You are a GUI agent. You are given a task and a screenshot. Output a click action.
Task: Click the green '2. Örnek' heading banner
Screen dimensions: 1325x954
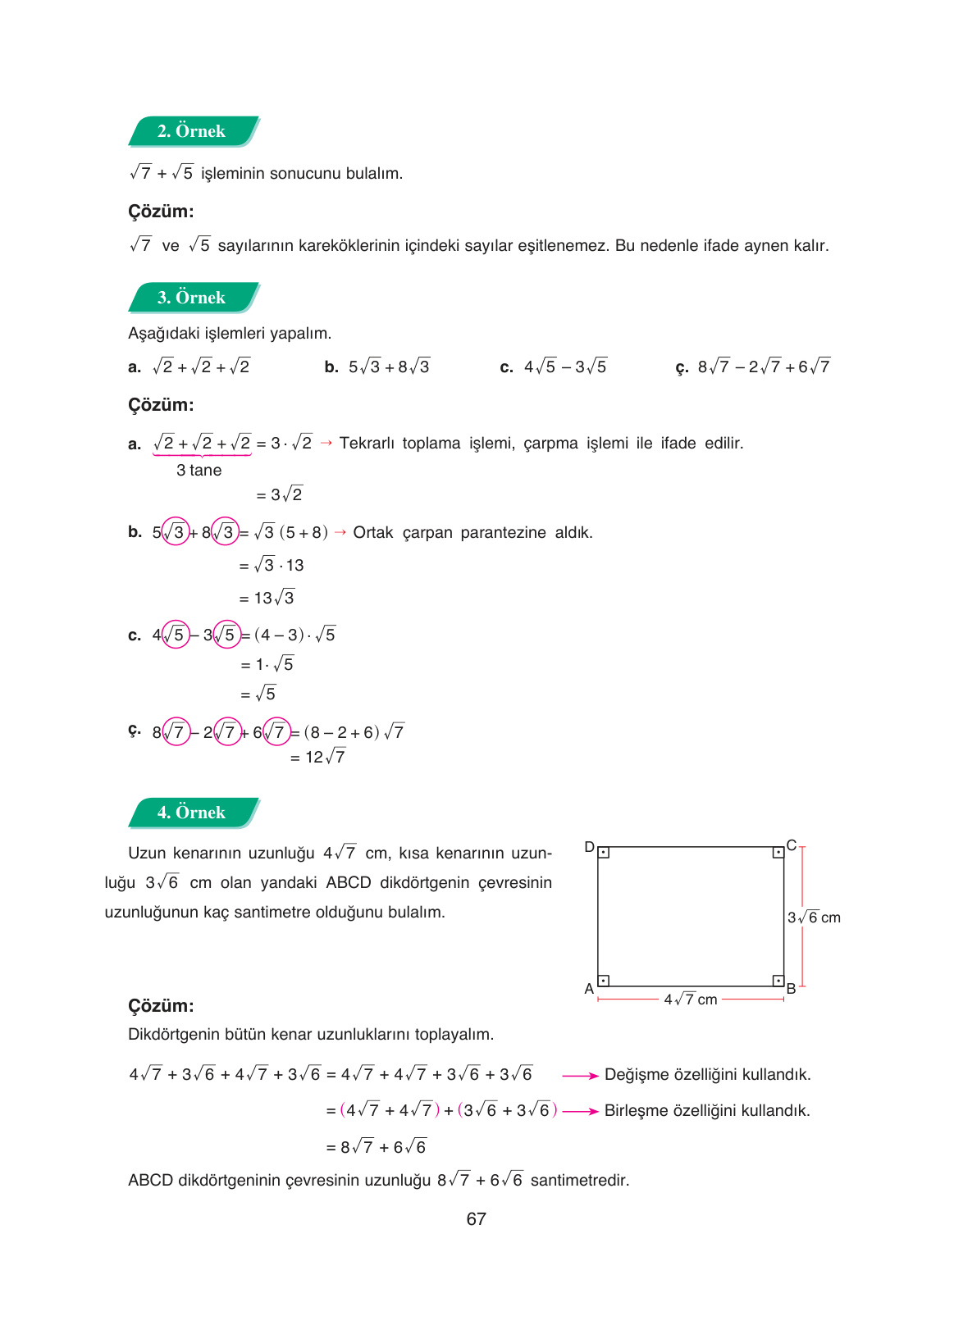pos(193,131)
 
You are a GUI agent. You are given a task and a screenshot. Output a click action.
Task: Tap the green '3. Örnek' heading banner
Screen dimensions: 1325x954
pos(193,298)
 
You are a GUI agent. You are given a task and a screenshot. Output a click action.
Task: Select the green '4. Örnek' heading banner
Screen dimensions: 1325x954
pos(193,813)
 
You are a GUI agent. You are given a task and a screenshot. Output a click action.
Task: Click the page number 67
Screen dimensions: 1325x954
pos(476,1219)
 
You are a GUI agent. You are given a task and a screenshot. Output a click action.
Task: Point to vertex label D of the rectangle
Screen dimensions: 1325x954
pos(589,847)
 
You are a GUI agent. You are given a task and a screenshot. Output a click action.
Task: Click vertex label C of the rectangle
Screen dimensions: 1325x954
pos(792,845)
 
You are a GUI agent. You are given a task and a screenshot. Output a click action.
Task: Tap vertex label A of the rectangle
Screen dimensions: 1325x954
pos(589,989)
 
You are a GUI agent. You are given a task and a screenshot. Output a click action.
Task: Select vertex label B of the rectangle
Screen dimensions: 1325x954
pos(792,989)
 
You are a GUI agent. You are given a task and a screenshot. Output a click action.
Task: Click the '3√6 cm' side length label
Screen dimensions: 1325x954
pos(814,917)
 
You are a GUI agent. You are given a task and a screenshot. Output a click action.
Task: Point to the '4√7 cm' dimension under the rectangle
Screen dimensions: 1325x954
pos(691,999)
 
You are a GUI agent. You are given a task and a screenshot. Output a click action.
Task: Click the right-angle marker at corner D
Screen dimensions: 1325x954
pos(604,854)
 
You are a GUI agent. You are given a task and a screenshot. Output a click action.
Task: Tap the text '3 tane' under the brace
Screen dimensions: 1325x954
pos(199,471)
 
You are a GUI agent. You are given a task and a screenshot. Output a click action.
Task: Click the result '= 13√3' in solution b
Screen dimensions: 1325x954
pos(267,598)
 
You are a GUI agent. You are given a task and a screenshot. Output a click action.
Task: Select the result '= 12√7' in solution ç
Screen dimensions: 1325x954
pos(318,758)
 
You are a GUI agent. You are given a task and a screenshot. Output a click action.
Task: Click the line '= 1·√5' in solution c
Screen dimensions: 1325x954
pos(267,664)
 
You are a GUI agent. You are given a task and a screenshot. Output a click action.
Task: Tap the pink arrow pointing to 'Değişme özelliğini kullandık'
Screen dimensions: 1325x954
pos(581,1076)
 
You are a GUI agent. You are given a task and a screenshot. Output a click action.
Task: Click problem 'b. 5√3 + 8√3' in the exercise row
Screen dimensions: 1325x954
pos(378,367)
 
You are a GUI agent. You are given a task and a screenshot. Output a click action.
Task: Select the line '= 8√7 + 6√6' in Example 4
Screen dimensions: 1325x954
pos(377,1147)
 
